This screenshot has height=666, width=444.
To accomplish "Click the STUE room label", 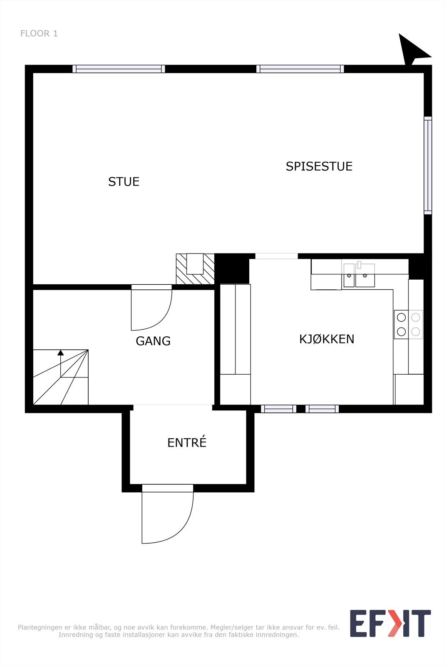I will (x=124, y=182).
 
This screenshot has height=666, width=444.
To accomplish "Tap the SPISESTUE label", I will (x=319, y=166).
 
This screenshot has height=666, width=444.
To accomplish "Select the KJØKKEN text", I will (x=327, y=339).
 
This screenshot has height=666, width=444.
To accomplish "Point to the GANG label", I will (x=153, y=341).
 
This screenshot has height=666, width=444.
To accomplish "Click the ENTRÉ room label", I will (x=187, y=443).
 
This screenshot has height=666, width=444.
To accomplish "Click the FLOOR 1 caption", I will (x=39, y=34).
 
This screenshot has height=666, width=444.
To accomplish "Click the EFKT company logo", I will (x=390, y=623).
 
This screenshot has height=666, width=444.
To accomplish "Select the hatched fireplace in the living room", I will (x=195, y=269).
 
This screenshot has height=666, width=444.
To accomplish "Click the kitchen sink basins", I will (x=359, y=275).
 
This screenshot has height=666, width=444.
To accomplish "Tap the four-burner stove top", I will (x=408, y=324).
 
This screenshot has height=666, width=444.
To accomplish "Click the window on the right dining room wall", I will (x=428, y=166).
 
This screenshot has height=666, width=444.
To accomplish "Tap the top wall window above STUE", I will (x=119, y=69).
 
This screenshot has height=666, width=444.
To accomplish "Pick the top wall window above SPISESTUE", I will (x=300, y=69).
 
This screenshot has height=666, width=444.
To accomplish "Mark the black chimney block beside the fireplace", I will (x=231, y=269).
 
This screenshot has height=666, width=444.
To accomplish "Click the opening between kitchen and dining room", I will (x=276, y=256).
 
